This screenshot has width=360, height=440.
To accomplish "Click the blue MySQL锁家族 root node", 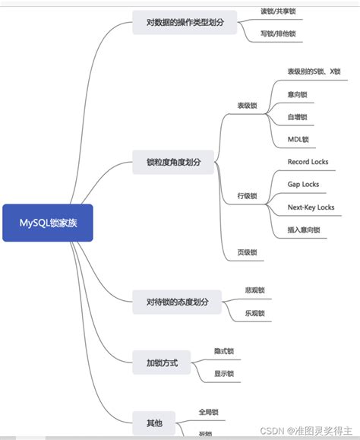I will (x=47, y=223).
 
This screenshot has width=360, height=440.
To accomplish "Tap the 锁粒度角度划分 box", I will (x=174, y=162).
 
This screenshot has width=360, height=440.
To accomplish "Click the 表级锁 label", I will (x=248, y=106).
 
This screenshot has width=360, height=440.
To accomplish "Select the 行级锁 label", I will (x=248, y=196).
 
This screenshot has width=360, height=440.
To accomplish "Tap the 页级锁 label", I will (x=248, y=252).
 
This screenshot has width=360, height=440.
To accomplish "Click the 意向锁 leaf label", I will (x=297, y=95).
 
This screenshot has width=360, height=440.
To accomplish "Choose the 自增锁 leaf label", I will (x=297, y=117).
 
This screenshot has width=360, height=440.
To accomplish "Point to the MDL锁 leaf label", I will (x=298, y=140).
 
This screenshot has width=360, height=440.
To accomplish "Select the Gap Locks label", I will (x=303, y=185).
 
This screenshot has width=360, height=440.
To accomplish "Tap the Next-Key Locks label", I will (x=311, y=207).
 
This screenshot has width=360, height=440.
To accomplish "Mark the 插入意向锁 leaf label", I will (x=304, y=229).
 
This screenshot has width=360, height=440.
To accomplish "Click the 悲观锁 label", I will (x=254, y=290).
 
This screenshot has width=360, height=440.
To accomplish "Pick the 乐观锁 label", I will (x=254, y=313).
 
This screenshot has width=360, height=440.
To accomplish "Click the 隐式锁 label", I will (x=224, y=351).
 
